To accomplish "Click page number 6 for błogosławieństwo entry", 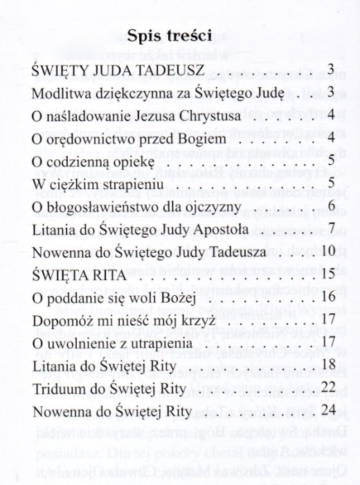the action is tap(332, 206).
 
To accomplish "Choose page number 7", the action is tap(332, 228).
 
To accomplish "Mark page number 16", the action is tap(329, 299).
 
